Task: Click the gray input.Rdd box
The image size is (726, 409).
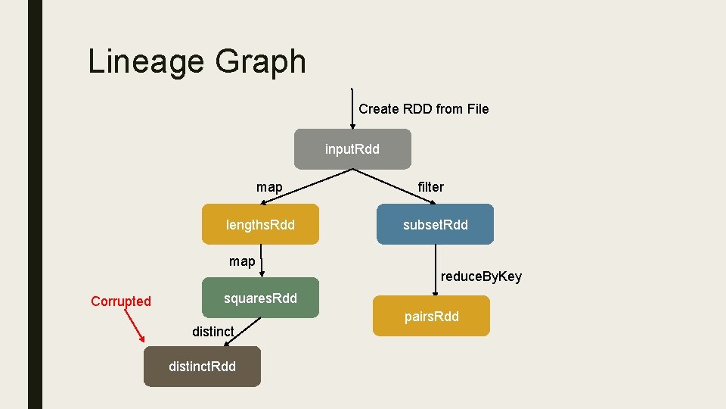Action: (x=352, y=149)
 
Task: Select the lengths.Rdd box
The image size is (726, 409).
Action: (x=260, y=224)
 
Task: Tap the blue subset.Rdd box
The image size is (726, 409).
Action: (x=435, y=224)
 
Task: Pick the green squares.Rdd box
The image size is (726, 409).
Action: (x=260, y=298)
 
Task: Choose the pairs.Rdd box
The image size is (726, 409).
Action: (x=431, y=316)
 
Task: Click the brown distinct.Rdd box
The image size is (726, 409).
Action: (x=202, y=367)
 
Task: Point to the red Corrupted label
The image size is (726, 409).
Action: (x=121, y=301)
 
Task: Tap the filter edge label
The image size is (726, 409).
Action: (x=431, y=187)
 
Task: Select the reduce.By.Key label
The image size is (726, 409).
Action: (x=481, y=276)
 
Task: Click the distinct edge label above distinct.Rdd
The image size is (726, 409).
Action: (x=213, y=331)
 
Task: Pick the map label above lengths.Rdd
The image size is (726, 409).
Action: (x=269, y=187)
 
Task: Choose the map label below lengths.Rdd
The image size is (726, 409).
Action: (x=242, y=261)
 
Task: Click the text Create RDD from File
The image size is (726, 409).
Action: (x=423, y=109)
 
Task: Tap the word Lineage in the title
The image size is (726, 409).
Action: (x=142, y=61)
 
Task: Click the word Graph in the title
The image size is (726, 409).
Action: (x=260, y=61)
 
